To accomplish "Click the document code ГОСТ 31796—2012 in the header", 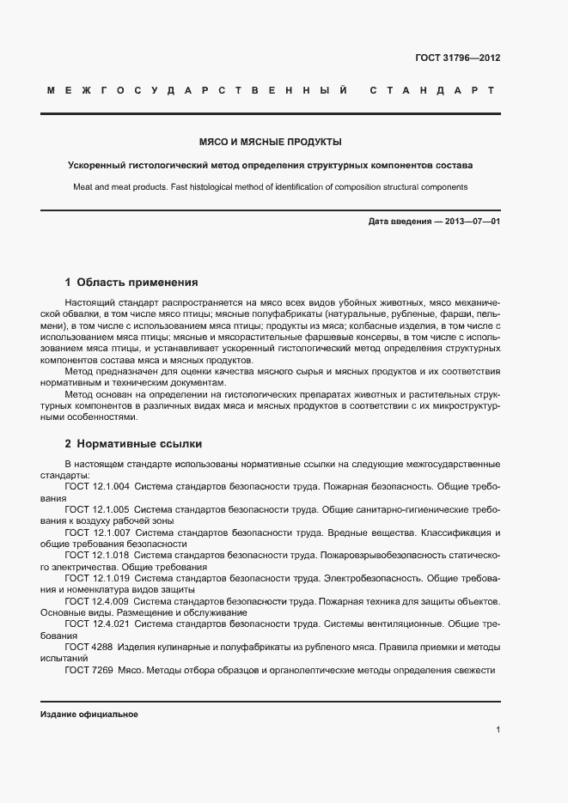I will click(x=457, y=58).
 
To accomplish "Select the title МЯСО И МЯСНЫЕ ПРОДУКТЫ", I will click(x=271, y=141).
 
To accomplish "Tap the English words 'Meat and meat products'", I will click(x=120, y=187).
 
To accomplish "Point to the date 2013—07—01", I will click(x=470, y=222).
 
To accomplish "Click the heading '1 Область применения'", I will click(x=131, y=282).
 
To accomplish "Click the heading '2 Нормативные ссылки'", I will click(x=133, y=444).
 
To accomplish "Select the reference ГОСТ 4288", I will click(x=88, y=647).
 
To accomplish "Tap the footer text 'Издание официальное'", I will click(x=89, y=715).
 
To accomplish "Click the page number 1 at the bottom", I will click(x=498, y=729).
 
